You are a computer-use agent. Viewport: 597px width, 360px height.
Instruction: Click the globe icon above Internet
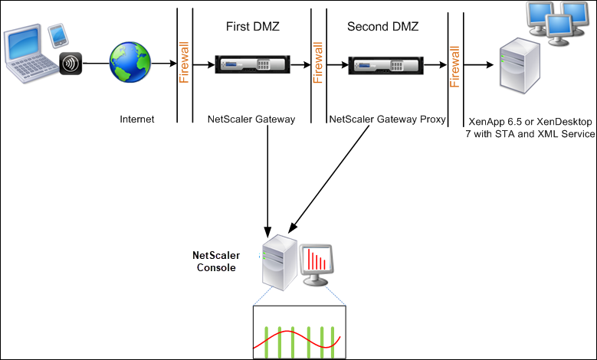130,62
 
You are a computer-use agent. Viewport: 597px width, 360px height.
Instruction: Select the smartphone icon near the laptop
58,36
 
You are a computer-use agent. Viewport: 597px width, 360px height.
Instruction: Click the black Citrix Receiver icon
71,63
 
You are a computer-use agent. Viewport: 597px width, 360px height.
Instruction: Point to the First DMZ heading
253,26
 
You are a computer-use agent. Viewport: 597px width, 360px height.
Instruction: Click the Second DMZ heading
382,26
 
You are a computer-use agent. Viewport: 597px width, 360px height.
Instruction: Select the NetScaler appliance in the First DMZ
252,64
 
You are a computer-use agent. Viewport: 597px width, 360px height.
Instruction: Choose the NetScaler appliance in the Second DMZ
385,65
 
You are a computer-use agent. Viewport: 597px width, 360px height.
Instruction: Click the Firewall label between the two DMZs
318,62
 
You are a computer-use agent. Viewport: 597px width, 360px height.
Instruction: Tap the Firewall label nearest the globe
184,62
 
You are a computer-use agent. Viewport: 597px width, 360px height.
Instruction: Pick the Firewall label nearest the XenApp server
455,67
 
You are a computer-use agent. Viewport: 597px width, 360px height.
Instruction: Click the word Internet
137,119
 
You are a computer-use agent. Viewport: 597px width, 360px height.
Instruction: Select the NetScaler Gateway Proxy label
387,119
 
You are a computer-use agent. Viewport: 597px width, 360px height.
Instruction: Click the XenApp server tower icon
520,65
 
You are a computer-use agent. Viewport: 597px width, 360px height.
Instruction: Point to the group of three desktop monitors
557,24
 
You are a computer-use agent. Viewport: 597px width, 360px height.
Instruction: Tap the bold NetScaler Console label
216,261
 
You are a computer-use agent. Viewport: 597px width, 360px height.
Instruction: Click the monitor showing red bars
316,265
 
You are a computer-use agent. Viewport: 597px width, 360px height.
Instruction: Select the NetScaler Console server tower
280,263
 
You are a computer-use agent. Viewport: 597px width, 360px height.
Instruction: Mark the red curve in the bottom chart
297,339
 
